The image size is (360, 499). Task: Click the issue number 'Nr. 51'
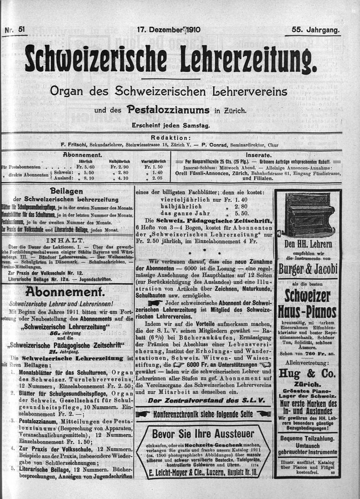[x=15, y=30]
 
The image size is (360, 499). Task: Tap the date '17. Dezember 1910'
[x=169, y=30]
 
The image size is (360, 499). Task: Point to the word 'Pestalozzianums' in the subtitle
[x=168, y=110]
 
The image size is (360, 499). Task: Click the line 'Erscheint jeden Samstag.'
[x=171, y=126]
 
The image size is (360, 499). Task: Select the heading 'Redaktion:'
[x=171, y=138]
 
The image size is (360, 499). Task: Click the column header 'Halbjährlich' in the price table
[x=119, y=161]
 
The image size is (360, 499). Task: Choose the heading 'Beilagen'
[x=67, y=191]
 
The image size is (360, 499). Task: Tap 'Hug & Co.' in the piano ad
[x=307, y=373]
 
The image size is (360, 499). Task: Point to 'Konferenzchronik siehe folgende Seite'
[x=203, y=414]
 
